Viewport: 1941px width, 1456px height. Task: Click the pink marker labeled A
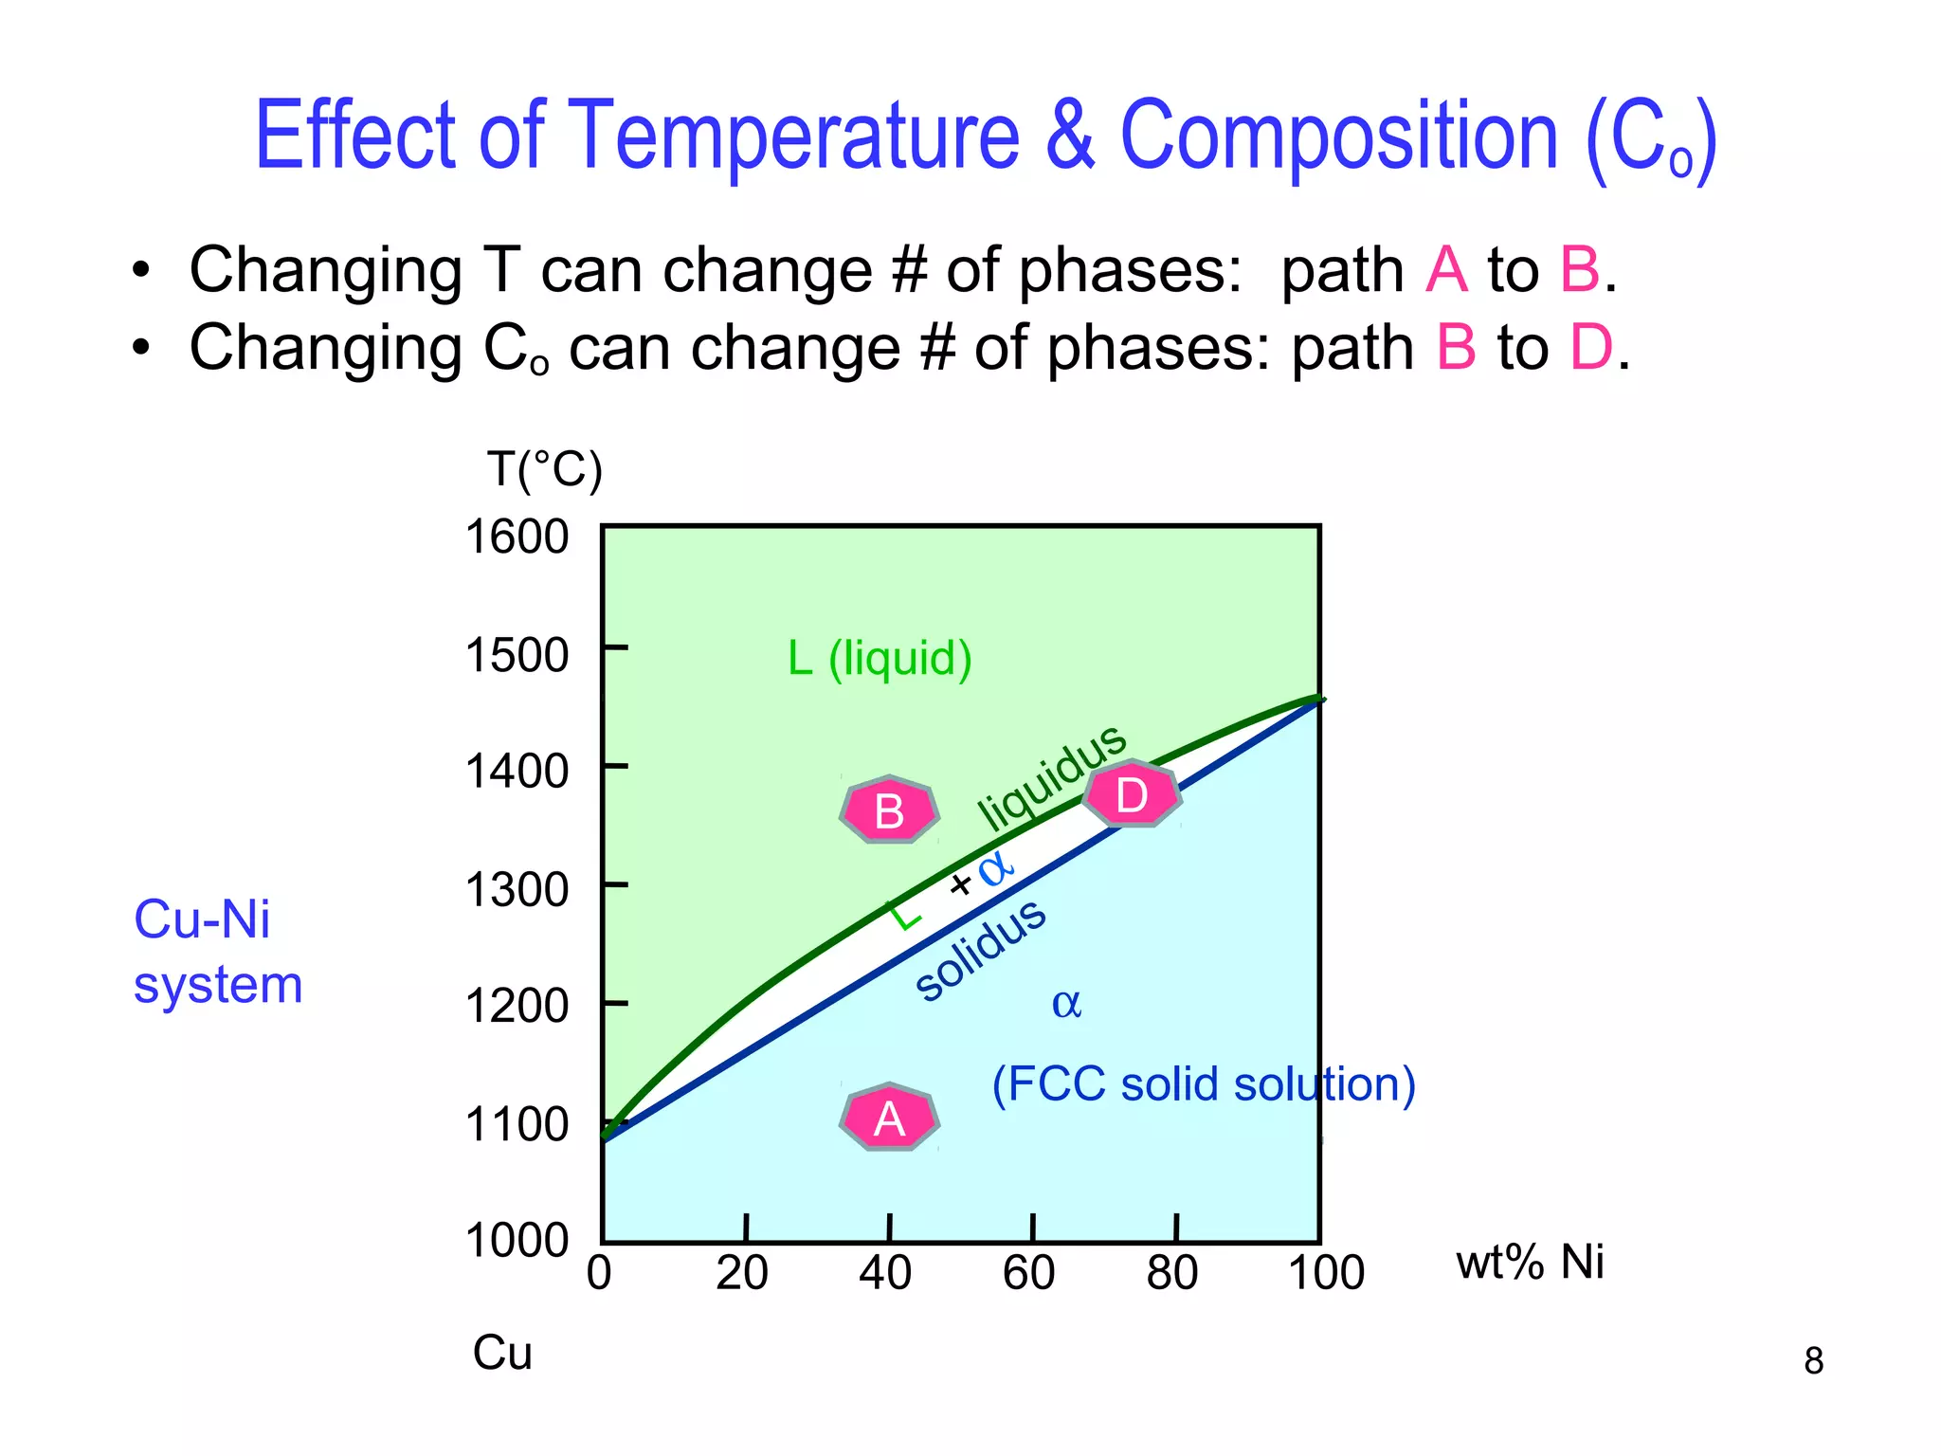[x=889, y=1119]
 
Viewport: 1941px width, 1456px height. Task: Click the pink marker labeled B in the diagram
[x=889, y=810]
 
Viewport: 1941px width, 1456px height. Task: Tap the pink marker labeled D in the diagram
[x=1132, y=794]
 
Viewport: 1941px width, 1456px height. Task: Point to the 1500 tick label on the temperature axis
[x=517, y=654]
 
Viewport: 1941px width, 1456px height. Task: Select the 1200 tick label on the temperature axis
[x=517, y=1005]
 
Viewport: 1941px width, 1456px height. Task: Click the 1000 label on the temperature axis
[x=517, y=1239]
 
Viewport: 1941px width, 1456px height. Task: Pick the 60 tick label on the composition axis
[x=1029, y=1272]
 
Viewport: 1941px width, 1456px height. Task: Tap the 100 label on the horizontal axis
[x=1326, y=1272]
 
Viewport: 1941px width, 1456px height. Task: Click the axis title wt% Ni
[x=1530, y=1262]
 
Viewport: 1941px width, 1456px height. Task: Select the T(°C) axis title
[x=544, y=469]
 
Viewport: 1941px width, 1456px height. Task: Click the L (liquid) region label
[x=880, y=658]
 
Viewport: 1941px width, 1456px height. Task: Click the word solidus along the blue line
[x=981, y=949]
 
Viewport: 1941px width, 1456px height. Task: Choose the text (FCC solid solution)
[x=1204, y=1083]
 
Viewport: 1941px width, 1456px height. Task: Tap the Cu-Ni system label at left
[x=217, y=951]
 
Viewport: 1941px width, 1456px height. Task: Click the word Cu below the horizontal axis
[x=502, y=1353]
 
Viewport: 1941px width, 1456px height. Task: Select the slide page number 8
[x=1813, y=1360]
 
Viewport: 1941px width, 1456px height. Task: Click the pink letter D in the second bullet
[x=1591, y=347]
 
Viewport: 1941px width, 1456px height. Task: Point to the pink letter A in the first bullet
[x=1446, y=269]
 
